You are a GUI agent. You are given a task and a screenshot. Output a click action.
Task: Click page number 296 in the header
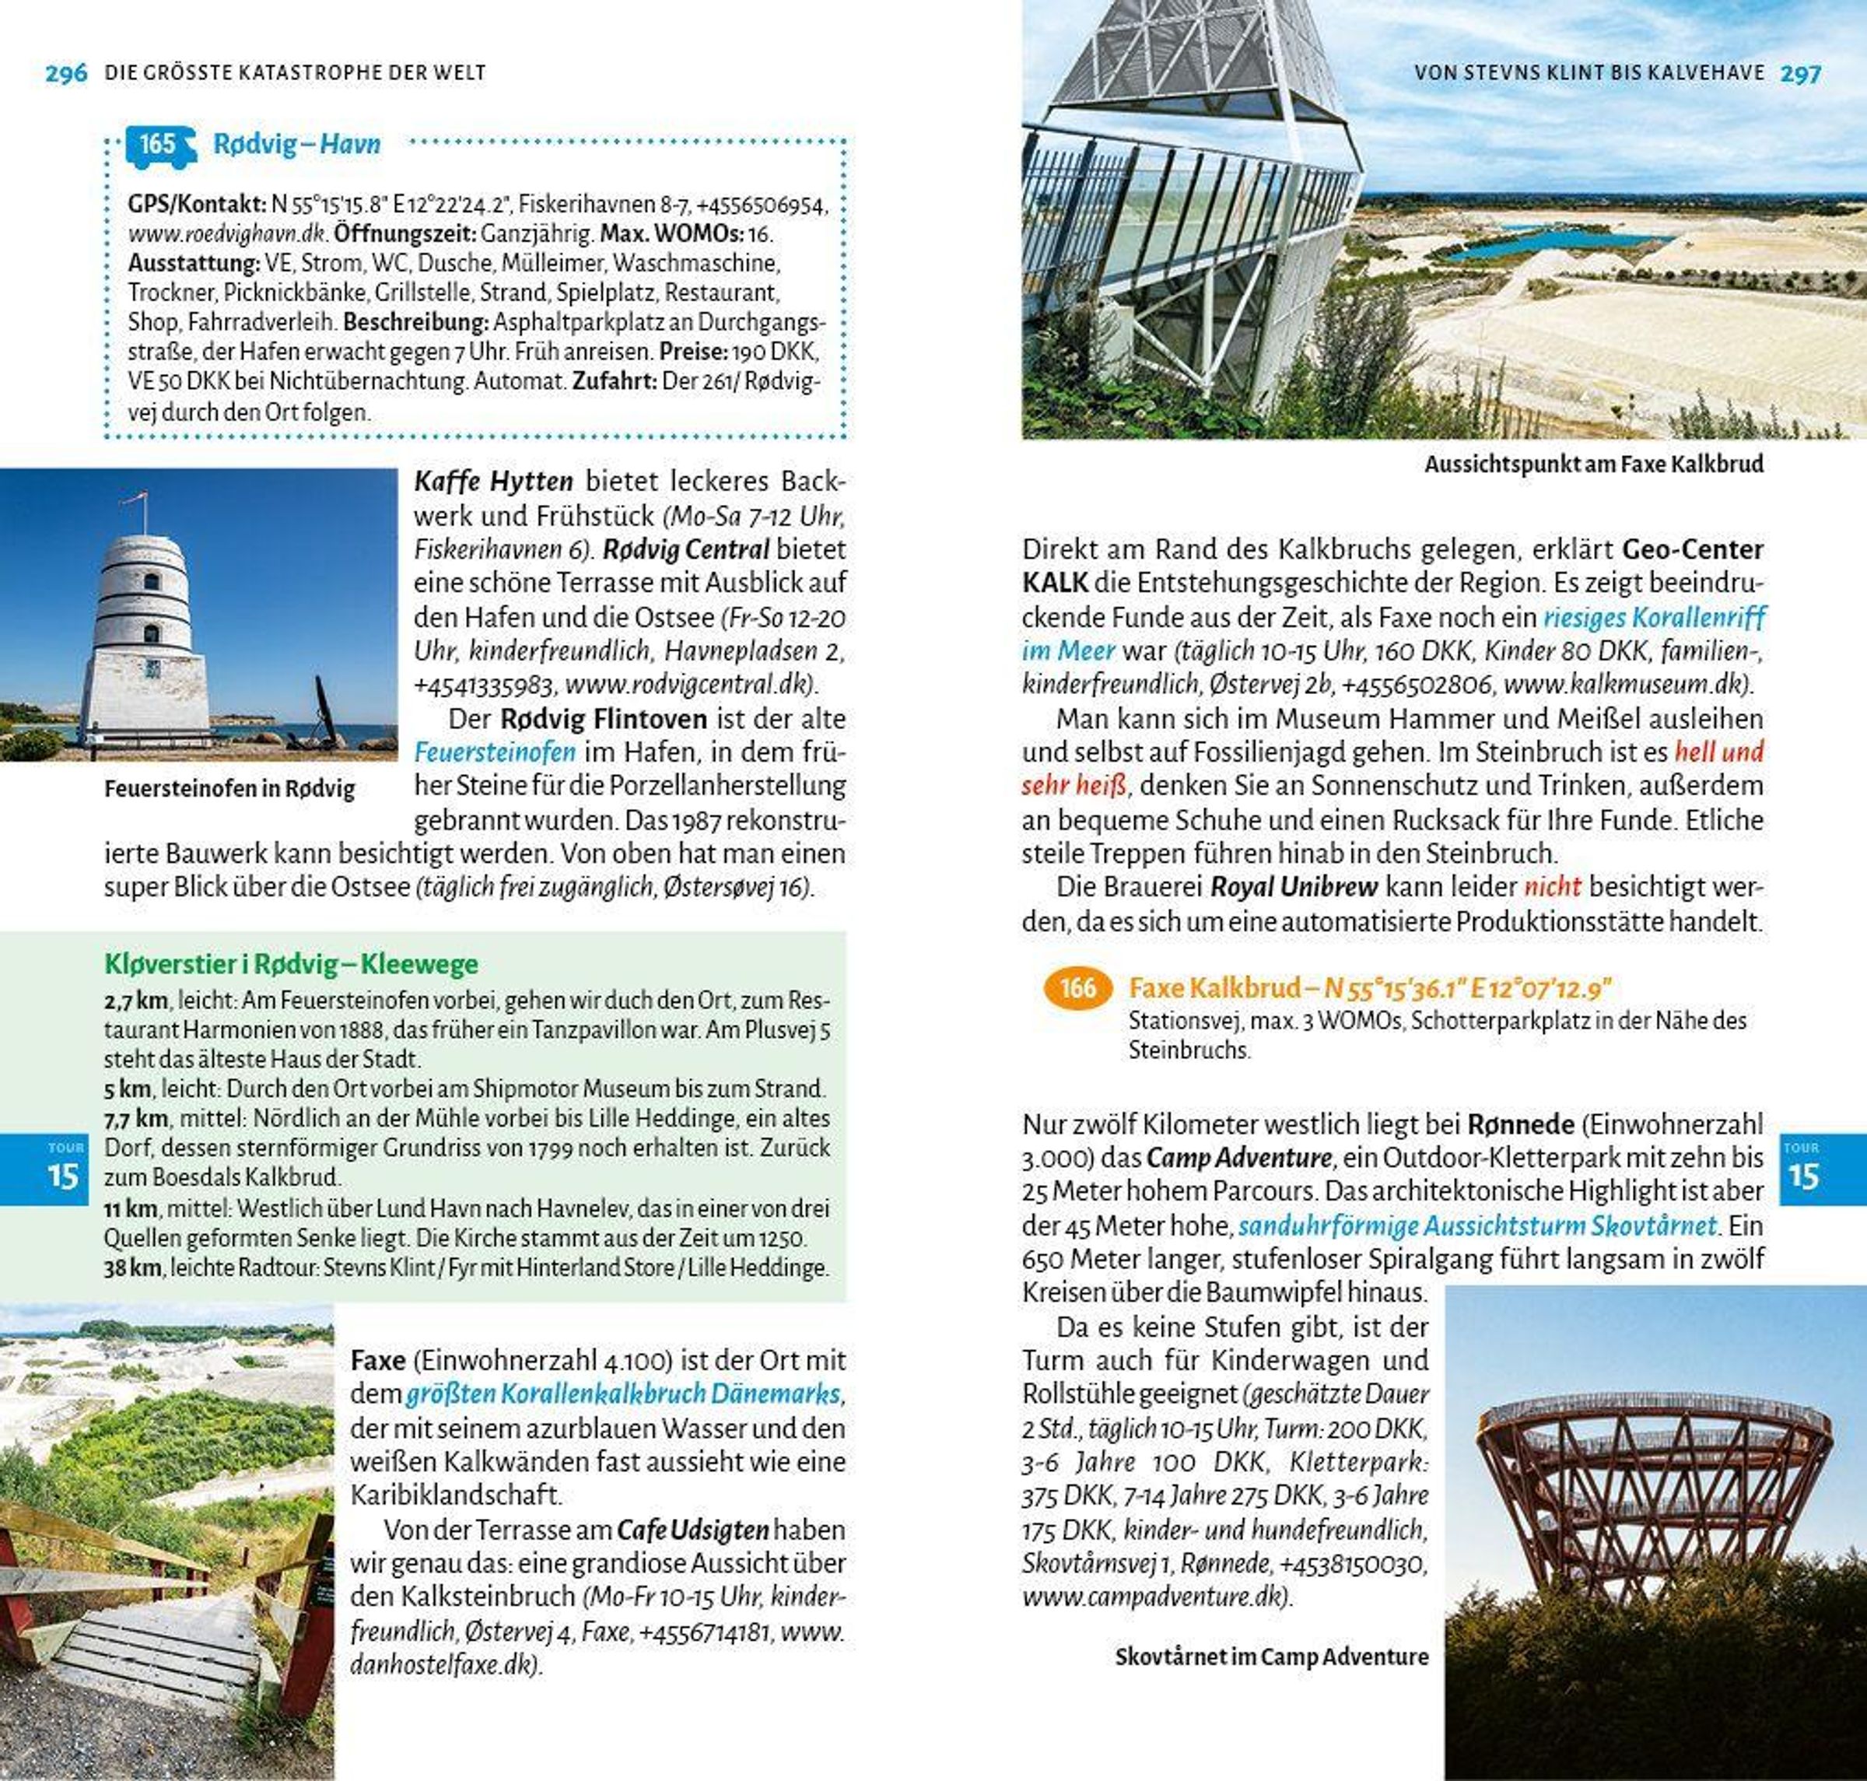click(65, 73)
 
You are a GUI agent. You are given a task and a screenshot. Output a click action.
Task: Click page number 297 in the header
click(1801, 73)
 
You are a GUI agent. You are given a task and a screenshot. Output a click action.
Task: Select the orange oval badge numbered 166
click(1077, 988)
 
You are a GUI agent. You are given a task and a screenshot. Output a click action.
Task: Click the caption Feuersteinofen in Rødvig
click(229, 789)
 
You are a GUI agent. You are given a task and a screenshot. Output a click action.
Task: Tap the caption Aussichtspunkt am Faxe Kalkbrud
click(1594, 465)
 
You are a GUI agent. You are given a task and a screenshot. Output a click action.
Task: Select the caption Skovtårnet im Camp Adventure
click(1271, 1657)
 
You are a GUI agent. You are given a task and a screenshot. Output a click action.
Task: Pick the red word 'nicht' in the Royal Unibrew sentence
click(1552, 887)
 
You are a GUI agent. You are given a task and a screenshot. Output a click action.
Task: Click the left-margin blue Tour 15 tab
click(64, 1169)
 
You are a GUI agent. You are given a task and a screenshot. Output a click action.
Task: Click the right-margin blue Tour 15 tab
click(1802, 1169)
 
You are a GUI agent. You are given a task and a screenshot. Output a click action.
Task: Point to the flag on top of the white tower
click(138, 497)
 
